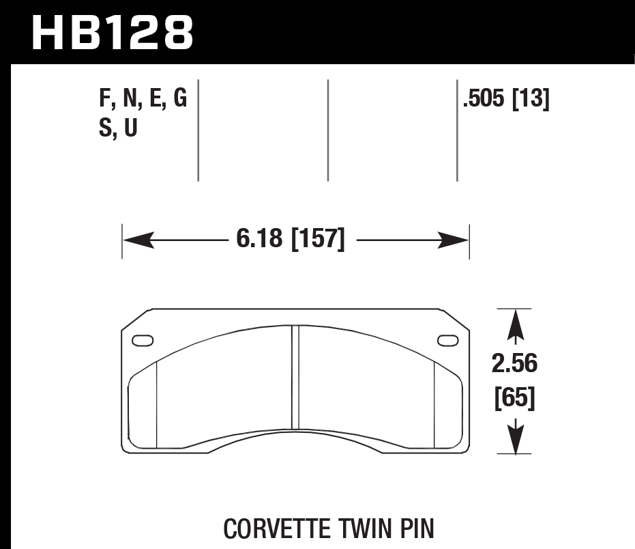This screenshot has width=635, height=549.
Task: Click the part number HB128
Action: [113, 33]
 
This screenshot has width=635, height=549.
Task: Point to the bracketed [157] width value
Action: [318, 240]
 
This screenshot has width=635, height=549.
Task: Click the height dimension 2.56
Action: [514, 365]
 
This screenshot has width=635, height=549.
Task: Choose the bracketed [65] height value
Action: [514, 397]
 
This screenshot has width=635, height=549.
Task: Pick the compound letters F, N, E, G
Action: [143, 100]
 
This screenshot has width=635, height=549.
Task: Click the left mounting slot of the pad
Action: [143, 340]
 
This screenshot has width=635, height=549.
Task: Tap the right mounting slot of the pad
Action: [447, 340]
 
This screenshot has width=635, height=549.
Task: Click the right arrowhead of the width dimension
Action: [454, 240]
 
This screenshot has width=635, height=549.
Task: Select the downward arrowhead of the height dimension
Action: [516, 437]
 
